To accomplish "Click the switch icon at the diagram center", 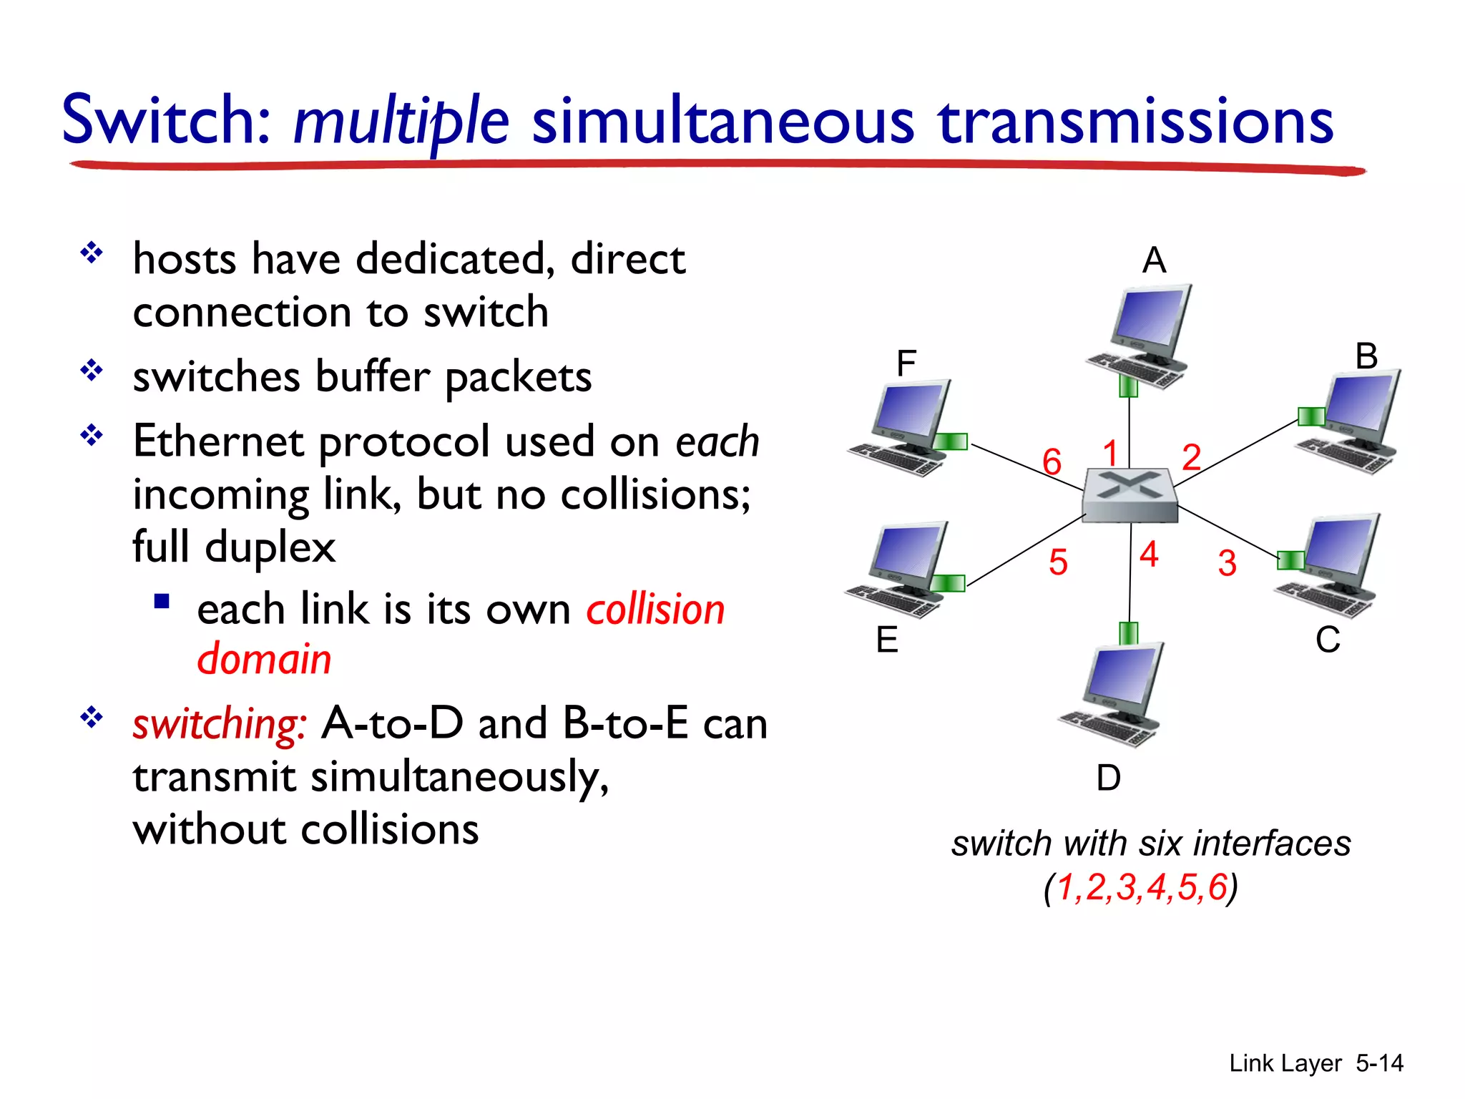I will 1130,495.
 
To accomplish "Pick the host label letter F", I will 906,363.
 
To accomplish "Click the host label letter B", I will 1366,356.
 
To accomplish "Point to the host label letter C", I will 1328,640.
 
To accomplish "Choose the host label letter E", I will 887,639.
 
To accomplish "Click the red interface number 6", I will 1052,461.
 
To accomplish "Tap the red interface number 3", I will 1228,563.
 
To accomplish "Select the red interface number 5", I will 1058,562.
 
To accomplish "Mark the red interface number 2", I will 1191,457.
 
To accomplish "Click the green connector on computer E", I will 949,583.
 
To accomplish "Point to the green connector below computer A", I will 1129,386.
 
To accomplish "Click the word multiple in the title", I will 401,122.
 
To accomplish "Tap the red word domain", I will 264,659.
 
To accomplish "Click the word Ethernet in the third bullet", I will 219,441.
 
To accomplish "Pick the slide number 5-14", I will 1379,1063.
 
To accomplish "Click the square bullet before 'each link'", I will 162,602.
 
